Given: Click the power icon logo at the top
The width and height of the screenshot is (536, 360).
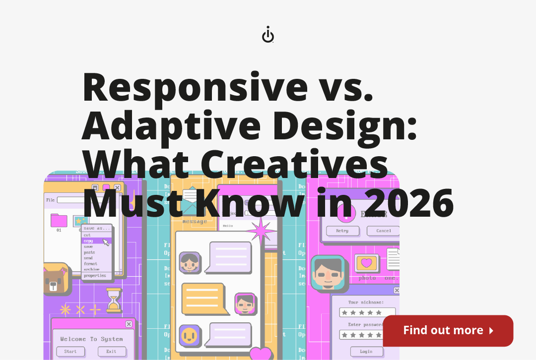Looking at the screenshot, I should pyautogui.click(x=268, y=36).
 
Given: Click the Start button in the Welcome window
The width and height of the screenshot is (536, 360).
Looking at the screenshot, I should pyautogui.click(x=70, y=352).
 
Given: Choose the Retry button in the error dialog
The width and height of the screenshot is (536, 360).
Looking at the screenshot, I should pyautogui.click(x=342, y=231).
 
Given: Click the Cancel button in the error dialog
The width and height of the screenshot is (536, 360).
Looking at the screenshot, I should pyautogui.click(x=383, y=231).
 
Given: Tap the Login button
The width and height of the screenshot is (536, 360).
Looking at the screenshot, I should pyautogui.click(x=366, y=352).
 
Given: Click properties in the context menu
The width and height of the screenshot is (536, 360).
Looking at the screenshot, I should pyautogui.click(x=95, y=275).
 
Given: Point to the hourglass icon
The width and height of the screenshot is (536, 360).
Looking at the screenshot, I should pyautogui.click(x=114, y=300).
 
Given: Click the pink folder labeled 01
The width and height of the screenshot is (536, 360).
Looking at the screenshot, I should pyautogui.click(x=59, y=220).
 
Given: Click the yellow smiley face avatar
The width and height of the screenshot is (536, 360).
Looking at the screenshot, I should pyautogui.click(x=190, y=335).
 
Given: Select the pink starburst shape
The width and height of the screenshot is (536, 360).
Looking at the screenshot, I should pyautogui.click(x=261, y=232).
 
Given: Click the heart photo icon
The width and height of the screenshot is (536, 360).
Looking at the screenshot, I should pyautogui.click(x=367, y=263).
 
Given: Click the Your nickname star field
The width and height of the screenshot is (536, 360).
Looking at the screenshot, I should pyautogui.click(x=361, y=312).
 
